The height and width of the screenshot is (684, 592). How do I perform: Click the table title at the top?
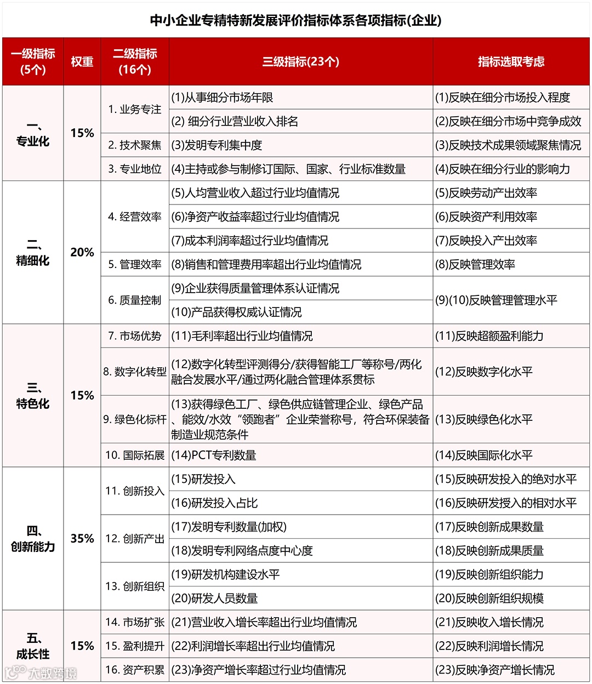[296, 20]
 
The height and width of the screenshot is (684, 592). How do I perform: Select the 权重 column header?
[82, 61]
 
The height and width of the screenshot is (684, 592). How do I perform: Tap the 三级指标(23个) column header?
[300, 61]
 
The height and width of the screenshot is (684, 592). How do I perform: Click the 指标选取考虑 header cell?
[511, 61]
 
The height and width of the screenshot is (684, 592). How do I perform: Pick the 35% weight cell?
[82, 538]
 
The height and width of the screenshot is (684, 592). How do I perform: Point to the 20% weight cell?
[82, 252]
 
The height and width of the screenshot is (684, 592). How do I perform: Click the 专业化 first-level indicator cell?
[33, 134]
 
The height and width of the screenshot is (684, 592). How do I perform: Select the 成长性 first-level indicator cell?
[33, 646]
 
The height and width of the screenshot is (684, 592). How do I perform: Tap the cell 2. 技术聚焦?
[135, 145]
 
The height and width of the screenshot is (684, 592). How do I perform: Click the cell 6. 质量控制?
[135, 300]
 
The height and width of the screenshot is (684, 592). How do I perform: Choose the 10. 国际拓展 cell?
[135, 455]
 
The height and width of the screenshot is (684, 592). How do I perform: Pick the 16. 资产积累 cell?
[135, 670]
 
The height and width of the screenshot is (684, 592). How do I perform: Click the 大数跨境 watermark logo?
[41, 672]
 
